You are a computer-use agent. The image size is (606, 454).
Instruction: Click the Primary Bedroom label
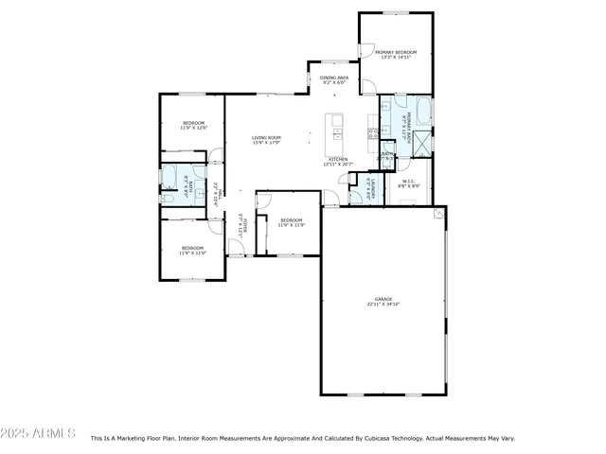click(x=395, y=55)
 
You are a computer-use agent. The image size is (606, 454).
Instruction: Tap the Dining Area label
click(x=333, y=80)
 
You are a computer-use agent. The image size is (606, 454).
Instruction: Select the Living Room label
click(x=266, y=140)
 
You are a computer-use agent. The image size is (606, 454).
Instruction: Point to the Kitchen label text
click(x=338, y=162)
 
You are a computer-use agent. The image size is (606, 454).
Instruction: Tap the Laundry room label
click(x=374, y=189)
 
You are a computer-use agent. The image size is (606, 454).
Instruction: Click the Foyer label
click(x=241, y=225)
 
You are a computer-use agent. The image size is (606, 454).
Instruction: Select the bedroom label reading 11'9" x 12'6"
click(x=193, y=126)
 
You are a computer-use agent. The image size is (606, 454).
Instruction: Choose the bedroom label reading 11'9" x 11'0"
click(x=193, y=251)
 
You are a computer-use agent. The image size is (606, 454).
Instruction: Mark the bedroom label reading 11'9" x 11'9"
click(x=291, y=223)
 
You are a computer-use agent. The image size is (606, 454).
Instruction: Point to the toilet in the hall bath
click(x=167, y=199)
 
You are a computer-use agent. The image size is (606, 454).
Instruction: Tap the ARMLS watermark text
click(x=40, y=433)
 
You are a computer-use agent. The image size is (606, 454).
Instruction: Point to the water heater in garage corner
click(x=437, y=215)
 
